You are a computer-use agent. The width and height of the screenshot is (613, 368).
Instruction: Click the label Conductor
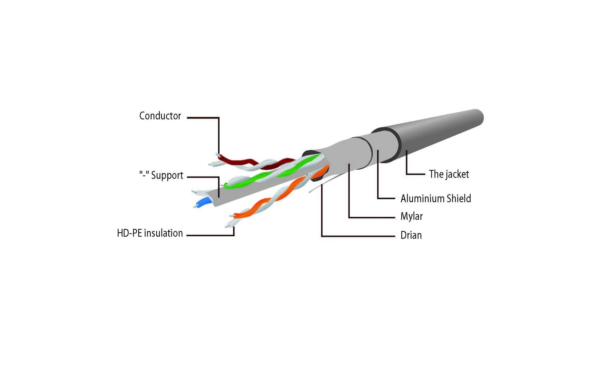click(x=160, y=116)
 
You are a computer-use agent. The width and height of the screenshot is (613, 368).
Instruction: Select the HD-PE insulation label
click(x=150, y=233)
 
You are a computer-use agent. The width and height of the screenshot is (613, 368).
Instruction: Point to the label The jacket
click(x=449, y=174)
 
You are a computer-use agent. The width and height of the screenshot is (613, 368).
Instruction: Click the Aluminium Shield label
click(x=435, y=198)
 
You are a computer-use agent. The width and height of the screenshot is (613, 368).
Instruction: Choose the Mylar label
click(x=411, y=216)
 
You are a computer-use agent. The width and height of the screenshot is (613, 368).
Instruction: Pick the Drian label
click(x=411, y=235)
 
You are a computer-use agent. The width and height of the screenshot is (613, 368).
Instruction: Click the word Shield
click(x=459, y=198)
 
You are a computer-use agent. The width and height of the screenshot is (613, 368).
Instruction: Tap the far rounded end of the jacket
click(x=479, y=117)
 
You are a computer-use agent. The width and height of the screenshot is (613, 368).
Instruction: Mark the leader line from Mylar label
click(x=371, y=217)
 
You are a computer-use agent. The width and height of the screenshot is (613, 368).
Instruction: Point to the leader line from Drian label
click(x=358, y=236)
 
